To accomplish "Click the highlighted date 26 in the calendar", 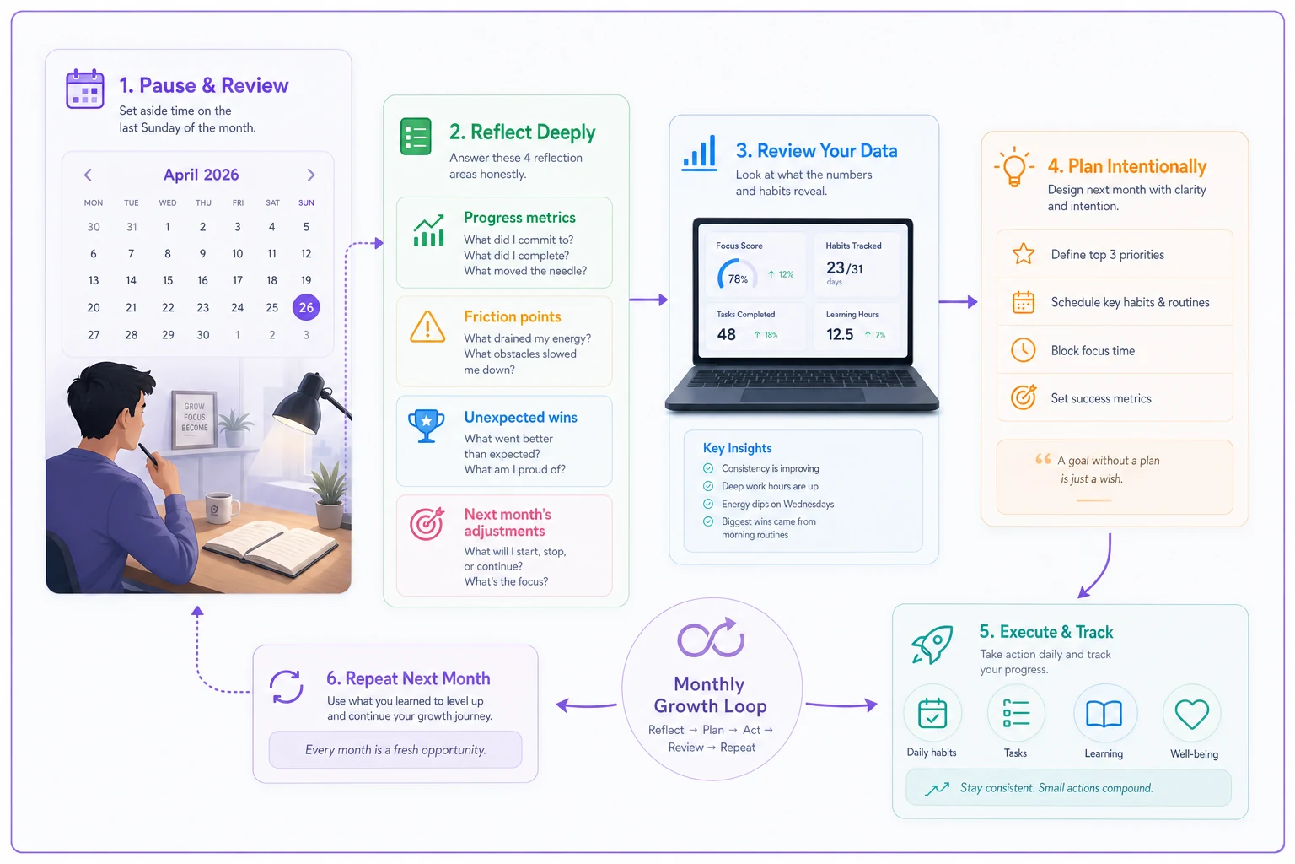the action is pos(306,307).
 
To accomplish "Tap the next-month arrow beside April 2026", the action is pos(311,175).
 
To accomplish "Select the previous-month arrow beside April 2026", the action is pos(88,175).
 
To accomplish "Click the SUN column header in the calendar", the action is pos(306,202).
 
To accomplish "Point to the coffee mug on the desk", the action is pos(222,508).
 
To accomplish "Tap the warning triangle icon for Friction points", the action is pos(427,327).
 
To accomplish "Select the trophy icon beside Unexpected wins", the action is pos(426,425).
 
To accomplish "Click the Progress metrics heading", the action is pos(519,218).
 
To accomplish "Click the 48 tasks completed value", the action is pos(726,334).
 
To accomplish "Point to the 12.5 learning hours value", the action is pos(840,334).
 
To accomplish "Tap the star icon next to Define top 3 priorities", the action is pos(1024,253).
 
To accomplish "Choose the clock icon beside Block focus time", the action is pos(1024,350).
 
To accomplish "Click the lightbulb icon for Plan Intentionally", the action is pos(1014,167).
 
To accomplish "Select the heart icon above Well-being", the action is pos(1192,714).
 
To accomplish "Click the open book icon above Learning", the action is pos(1104,714).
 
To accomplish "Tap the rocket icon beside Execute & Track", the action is pos(932,644).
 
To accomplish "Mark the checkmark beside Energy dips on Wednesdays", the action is pos(708,504).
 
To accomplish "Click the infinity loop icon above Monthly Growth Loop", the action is pos(711,639).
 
